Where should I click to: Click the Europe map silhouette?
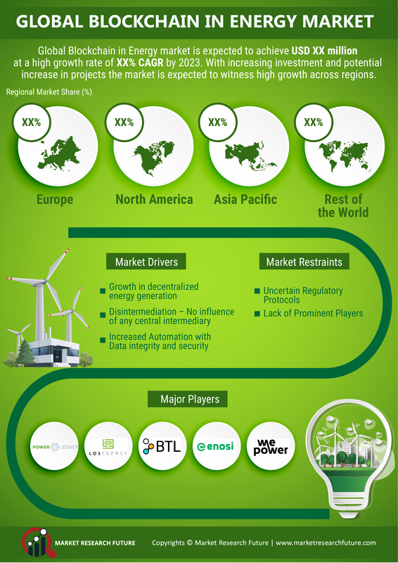pyautogui.click(x=58, y=153)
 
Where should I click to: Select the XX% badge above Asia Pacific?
pyautogui.click(x=218, y=122)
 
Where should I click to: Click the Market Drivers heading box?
pyautogui.click(x=146, y=261)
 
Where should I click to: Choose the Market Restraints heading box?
pyautogui.click(x=304, y=262)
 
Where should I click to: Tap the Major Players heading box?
pyautogui.click(x=187, y=399)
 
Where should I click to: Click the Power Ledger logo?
pyautogui.click(x=54, y=447)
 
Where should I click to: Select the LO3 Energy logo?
pyautogui.click(x=108, y=447)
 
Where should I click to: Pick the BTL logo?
pyautogui.click(x=162, y=446)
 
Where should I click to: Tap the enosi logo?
pyautogui.click(x=217, y=446)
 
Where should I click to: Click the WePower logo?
pyautogui.click(x=271, y=446)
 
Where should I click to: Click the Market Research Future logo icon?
pyautogui.click(x=37, y=542)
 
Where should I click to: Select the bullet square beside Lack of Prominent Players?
pyautogui.click(x=257, y=314)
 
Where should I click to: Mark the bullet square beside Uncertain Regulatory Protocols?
pyautogui.click(x=257, y=291)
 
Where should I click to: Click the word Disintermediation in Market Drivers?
pyautogui.click(x=143, y=312)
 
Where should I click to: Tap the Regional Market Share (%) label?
pyautogui.click(x=49, y=92)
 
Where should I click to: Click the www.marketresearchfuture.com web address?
pyautogui.click(x=326, y=543)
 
